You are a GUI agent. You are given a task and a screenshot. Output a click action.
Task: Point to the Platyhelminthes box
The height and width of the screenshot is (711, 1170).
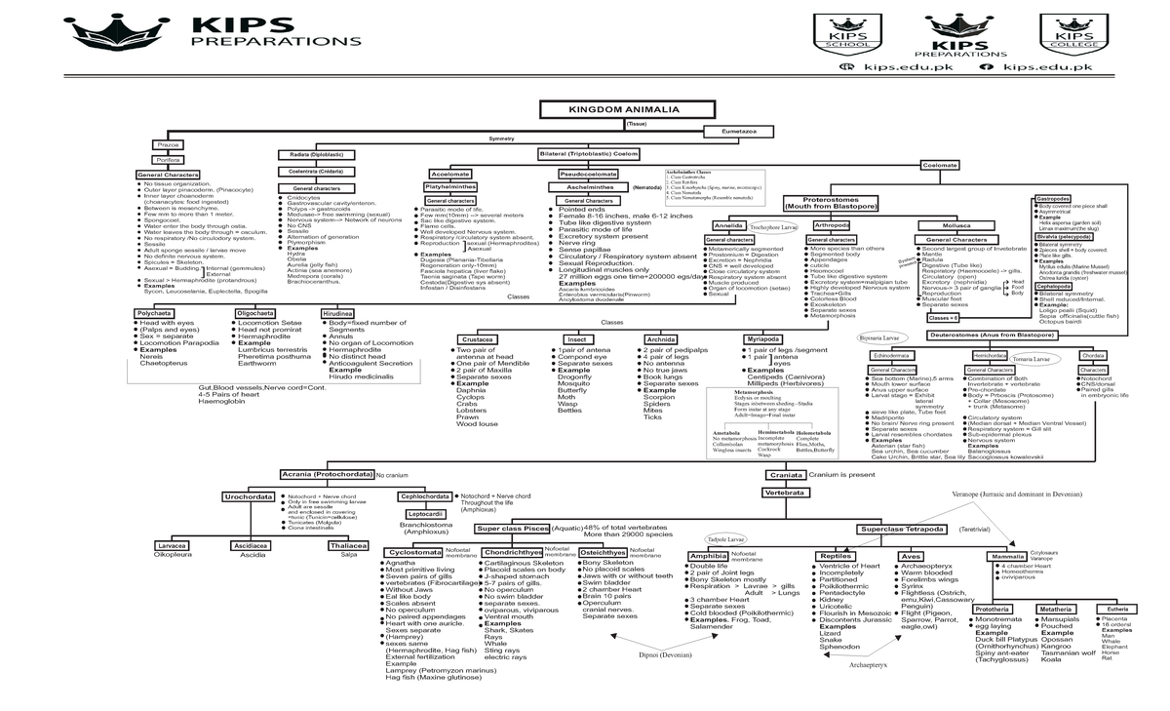click(449, 186)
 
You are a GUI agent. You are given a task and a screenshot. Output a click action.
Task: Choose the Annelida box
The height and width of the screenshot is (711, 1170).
click(728, 225)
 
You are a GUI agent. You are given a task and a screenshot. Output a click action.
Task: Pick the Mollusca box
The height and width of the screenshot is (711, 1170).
click(955, 225)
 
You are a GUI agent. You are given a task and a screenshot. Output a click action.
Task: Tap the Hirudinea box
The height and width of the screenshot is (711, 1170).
click(336, 313)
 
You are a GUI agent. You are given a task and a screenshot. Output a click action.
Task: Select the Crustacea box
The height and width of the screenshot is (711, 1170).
click(484, 339)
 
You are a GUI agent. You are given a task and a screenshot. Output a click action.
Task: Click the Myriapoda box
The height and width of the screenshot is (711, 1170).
click(762, 339)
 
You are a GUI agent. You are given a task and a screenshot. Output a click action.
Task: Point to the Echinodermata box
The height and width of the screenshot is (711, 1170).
click(891, 356)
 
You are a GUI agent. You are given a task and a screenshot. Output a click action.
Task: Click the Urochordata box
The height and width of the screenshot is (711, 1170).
click(249, 496)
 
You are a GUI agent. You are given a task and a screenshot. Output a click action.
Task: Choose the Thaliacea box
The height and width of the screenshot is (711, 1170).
click(348, 545)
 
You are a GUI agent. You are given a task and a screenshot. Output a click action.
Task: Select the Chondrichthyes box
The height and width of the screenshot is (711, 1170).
click(512, 552)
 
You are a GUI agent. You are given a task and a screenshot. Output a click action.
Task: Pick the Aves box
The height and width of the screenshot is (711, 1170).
click(908, 555)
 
